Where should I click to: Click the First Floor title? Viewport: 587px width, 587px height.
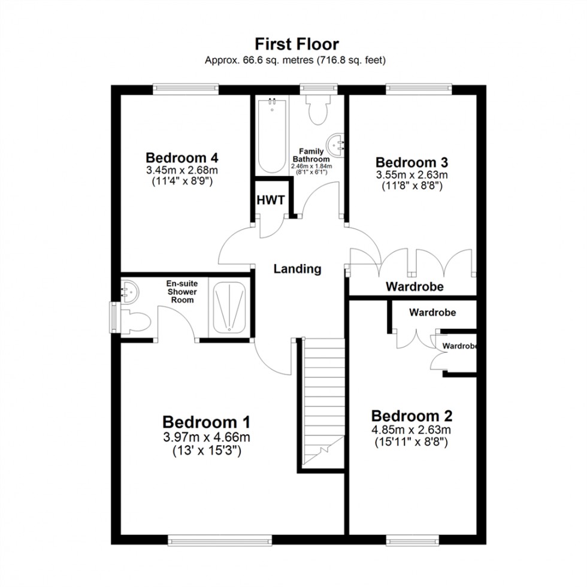pos(296,44)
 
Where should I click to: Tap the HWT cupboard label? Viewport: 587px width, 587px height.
pos(271,199)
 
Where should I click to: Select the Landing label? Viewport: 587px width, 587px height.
pos(297,269)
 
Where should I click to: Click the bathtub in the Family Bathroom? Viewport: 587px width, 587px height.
pos(272,136)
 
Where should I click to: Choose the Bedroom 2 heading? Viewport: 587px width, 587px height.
pos(411,416)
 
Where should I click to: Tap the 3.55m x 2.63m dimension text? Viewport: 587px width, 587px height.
pos(411,175)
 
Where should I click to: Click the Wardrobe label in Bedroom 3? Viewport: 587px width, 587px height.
pos(414,287)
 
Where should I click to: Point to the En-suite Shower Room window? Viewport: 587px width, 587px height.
pos(113,316)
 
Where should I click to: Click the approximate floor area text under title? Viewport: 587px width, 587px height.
pos(295,60)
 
